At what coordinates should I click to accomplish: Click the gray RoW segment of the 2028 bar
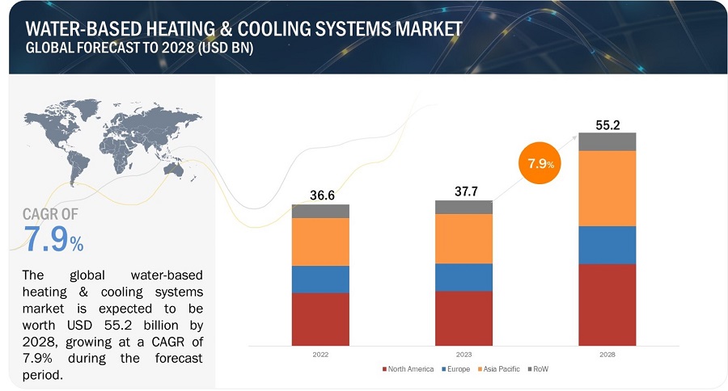607,141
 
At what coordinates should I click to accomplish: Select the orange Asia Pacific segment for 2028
607,188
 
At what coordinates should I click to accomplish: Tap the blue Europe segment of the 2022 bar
320,279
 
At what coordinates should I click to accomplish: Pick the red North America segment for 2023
463,317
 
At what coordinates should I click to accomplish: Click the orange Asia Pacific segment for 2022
320,242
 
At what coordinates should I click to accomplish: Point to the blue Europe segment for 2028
607,245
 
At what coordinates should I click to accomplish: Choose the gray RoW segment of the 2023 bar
463,207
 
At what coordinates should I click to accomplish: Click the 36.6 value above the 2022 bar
321,195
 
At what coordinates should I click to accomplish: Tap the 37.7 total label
463,192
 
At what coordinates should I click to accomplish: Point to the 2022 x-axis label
320,354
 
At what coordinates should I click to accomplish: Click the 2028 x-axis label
607,354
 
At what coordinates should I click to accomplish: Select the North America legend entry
408,369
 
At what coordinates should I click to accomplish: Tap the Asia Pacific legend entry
501,369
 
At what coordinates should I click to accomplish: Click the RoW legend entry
539,369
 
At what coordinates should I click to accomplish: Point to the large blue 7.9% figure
53,241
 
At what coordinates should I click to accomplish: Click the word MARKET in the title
421,28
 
